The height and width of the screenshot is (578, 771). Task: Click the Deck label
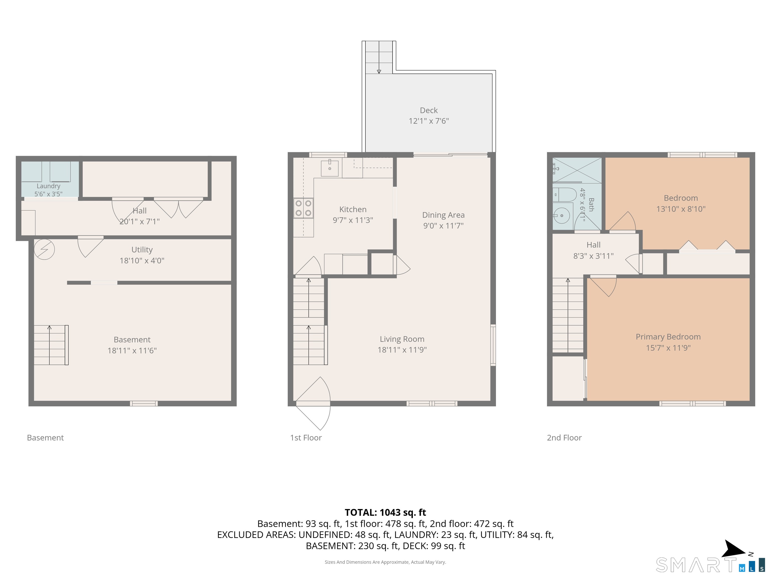[x=428, y=110]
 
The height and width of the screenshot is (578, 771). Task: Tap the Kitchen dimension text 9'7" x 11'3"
[x=353, y=220]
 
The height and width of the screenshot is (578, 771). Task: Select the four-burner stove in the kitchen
[x=303, y=208]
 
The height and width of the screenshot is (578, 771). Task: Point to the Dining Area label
[x=443, y=215]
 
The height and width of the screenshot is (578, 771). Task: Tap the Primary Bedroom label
[x=668, y=337]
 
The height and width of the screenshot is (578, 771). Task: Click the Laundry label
[x=48, y=186]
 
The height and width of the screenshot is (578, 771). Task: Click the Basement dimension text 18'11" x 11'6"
[x=132, y=350]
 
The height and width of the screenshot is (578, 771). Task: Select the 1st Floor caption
[x=306, y=438]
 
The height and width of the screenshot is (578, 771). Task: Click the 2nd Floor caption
[x=564, y=438]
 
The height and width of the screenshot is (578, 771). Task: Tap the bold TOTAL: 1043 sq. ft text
[x=385, y=513]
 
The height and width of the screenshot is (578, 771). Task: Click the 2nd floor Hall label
[x=593, y=245]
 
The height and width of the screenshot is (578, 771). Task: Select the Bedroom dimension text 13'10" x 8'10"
[x=681, y=209]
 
